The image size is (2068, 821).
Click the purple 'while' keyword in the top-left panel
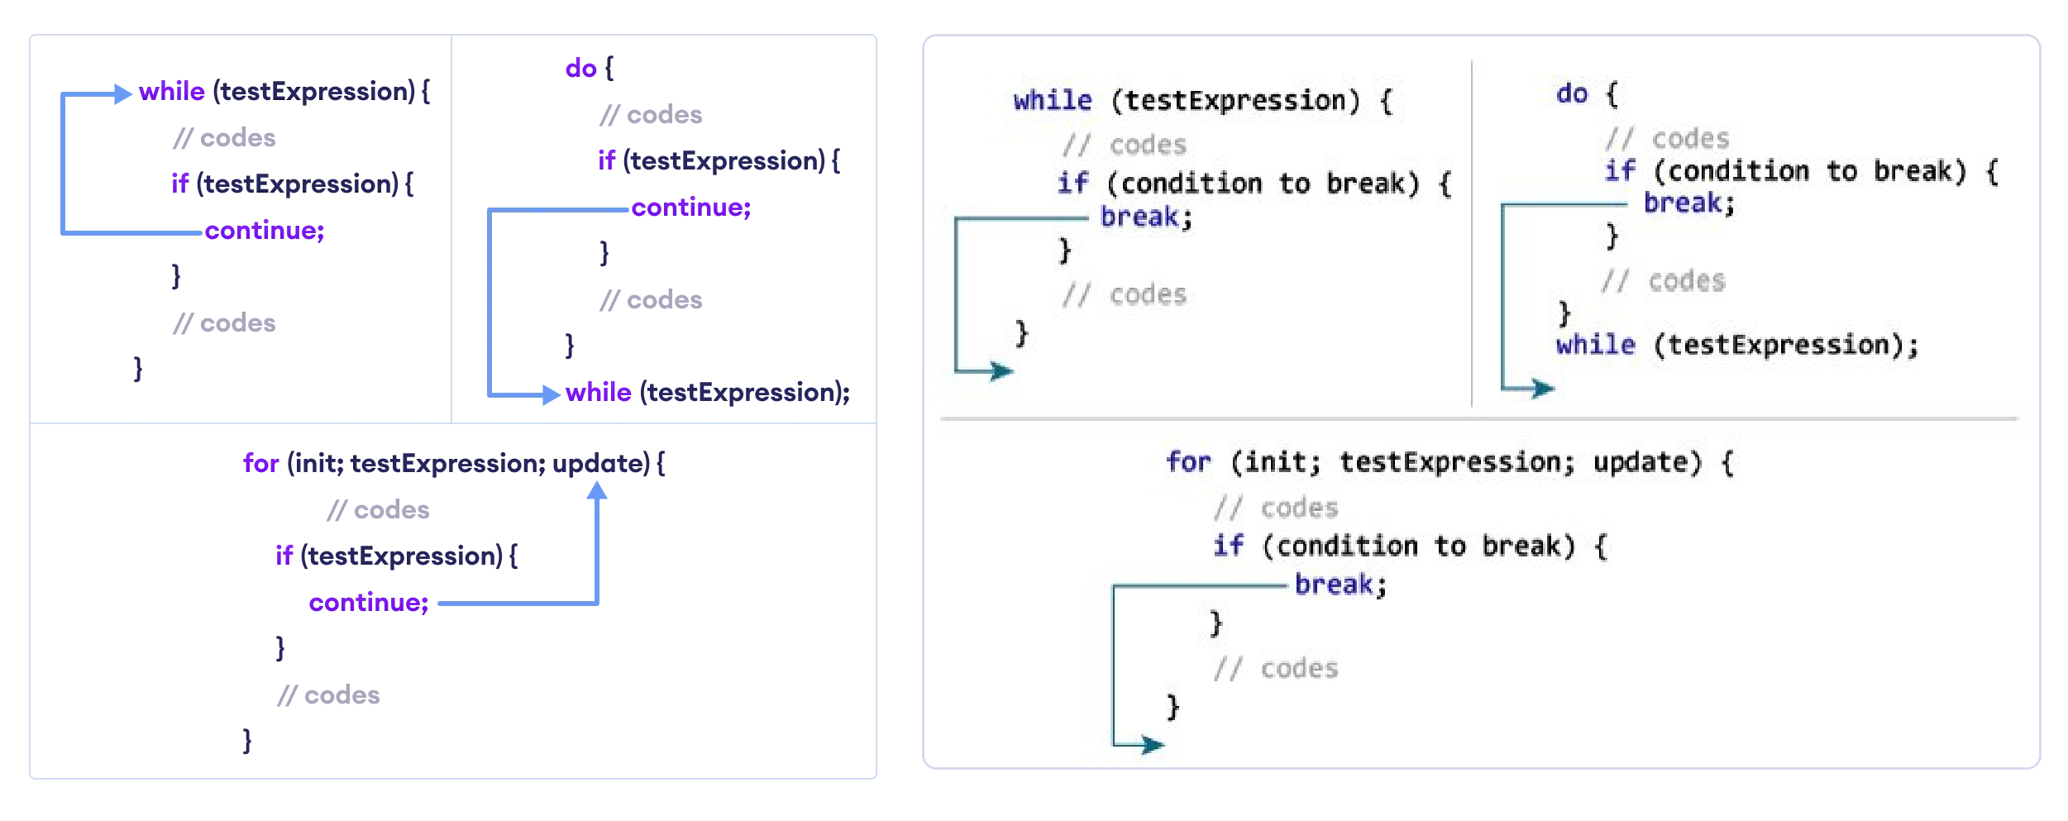171,92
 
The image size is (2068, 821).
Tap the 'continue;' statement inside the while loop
265,231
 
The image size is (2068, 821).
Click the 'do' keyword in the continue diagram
580,69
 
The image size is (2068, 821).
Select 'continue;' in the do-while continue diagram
691,208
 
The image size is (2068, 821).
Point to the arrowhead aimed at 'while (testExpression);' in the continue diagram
551,395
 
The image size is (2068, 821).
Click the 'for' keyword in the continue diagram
260,464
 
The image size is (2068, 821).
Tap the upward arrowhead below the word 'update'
597,491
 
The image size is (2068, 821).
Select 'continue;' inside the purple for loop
369,603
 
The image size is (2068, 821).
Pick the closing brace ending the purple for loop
246,740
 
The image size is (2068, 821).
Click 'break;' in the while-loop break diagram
1146,217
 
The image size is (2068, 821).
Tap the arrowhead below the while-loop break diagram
1002,370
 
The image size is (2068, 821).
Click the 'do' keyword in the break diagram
1572,94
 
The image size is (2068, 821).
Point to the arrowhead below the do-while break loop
1543,387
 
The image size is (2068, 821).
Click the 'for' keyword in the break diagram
1188,462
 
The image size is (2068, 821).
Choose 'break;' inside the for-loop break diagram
1340,585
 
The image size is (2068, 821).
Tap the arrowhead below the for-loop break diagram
1153,745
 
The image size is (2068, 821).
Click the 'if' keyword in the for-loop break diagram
1228,547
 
